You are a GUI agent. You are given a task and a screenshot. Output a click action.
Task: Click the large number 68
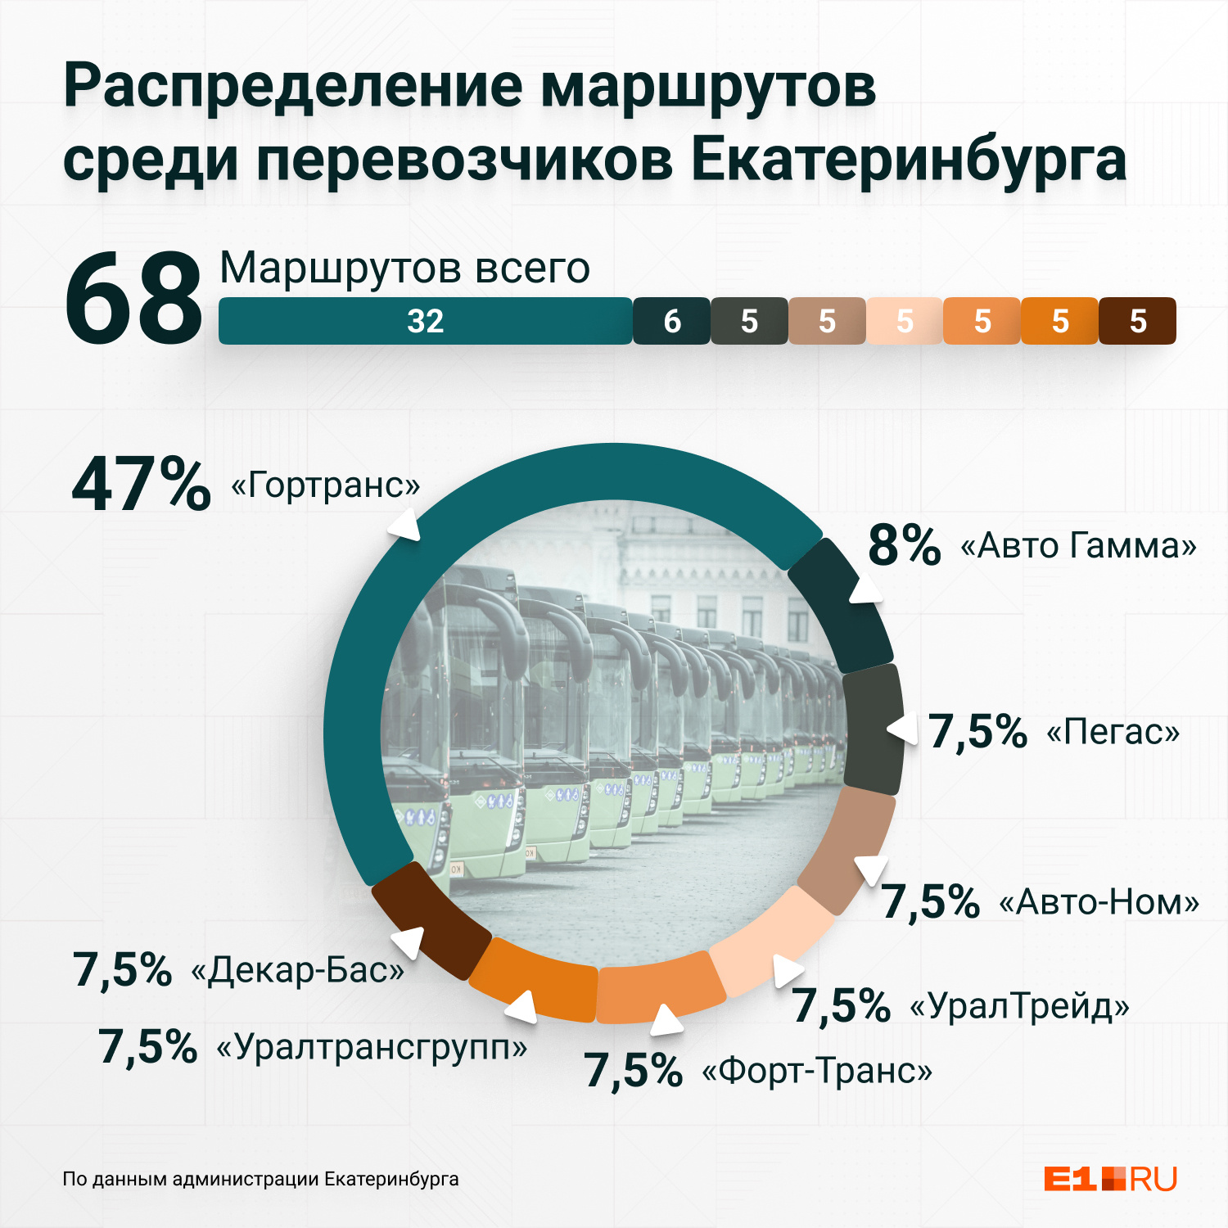click(133, 300)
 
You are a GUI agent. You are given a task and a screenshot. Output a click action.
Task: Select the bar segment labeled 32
click(425, 321)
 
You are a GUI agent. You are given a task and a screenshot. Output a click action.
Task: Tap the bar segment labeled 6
click(671, 321)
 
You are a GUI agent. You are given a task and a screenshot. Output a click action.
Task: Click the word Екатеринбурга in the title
click(909, 160)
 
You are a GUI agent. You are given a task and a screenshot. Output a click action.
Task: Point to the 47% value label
click(141, 485)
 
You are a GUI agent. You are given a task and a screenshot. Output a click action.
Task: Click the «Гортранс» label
click(325, 485)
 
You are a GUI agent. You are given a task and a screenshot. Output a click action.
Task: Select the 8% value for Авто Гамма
click(904, 545)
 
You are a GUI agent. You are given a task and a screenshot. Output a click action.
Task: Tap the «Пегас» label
click(1113, 732)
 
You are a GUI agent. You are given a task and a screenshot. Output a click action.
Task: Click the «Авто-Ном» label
click(1099, 902)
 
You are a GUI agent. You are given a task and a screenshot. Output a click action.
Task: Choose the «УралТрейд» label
click(1020, 1005)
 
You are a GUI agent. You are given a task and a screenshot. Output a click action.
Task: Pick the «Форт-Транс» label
click(817, 1071)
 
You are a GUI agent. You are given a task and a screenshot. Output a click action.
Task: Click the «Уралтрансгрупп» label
click(371, 1046)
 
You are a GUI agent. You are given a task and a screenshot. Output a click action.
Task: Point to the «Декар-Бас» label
click(297, 971)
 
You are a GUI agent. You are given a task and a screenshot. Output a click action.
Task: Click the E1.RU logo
click(1110, 1179)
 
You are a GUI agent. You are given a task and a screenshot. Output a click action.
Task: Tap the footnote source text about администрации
click(260, 1179)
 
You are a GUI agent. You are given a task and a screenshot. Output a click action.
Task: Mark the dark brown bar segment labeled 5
click(1137, 321)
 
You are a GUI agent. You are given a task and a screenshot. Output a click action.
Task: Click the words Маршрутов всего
click(404, 269)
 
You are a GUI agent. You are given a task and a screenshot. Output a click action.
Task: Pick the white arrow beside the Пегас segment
click(902, 728)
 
